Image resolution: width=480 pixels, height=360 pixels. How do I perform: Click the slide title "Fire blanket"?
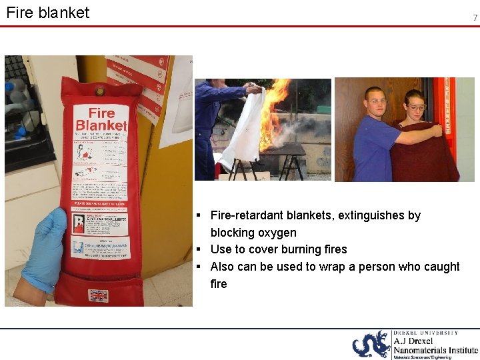click(47, 12)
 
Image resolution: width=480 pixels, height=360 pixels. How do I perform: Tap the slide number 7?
click(475, 18)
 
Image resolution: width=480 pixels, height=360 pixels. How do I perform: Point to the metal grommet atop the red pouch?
click(99, 91)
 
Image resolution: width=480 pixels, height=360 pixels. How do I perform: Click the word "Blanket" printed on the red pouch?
click(101, 125)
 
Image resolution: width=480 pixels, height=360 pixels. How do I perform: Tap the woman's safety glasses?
click(415, 107)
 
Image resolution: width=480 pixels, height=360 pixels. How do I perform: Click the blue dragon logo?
click(371, 345)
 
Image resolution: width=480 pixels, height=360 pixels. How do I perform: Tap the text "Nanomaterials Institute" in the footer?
click(435, 349)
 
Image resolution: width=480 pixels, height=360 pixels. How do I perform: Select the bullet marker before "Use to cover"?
click(199, 249)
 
